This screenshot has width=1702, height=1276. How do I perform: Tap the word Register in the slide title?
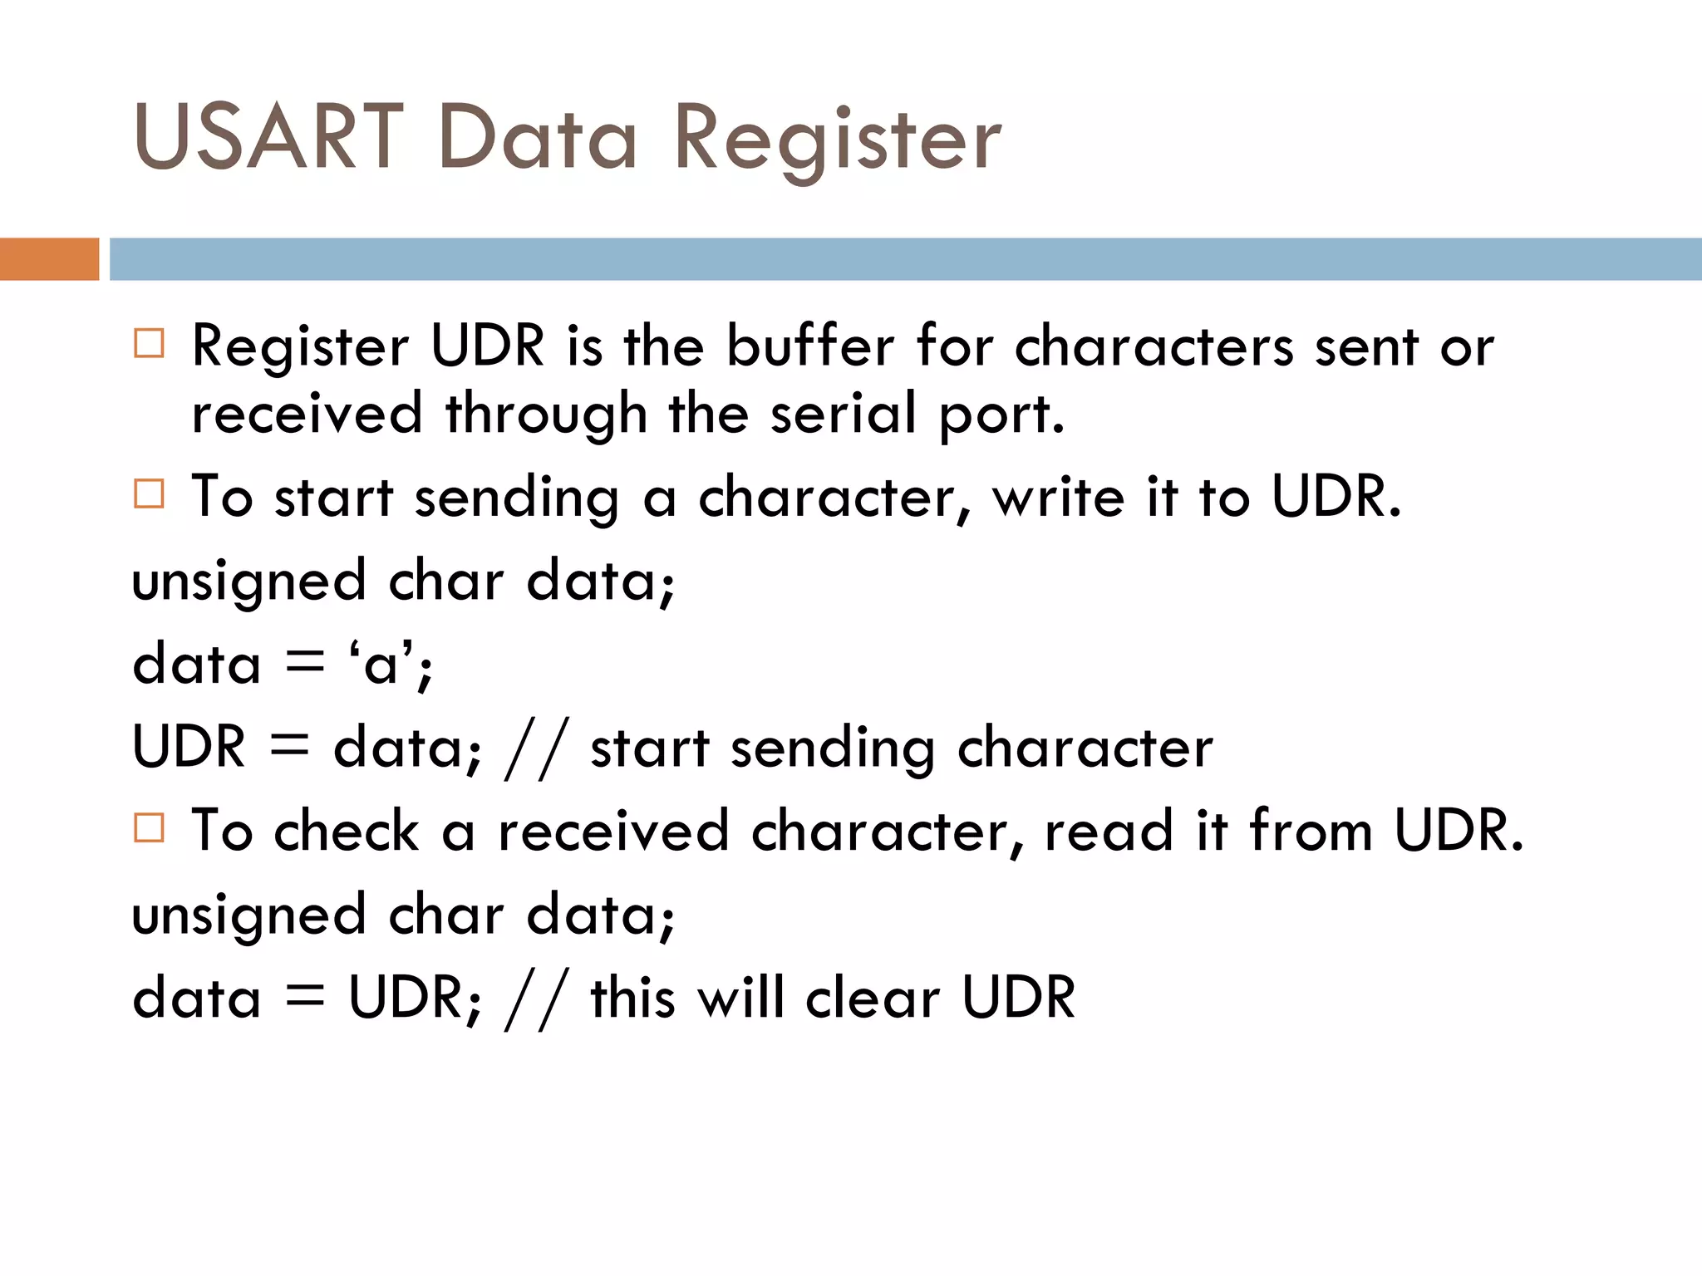838,140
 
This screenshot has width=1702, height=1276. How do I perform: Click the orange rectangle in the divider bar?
49,259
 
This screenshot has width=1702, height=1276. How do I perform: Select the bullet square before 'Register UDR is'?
150,343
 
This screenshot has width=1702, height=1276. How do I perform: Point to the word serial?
843,413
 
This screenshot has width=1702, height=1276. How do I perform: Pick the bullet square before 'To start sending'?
150,493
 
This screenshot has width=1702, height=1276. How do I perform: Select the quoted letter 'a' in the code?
382,665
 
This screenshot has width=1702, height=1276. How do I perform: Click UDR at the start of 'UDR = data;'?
189,746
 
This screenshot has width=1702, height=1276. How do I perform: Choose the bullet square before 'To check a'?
150,827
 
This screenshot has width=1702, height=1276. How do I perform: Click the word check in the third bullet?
347,830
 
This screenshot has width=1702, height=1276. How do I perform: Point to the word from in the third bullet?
1311,830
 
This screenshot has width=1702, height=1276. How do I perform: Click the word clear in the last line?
873,997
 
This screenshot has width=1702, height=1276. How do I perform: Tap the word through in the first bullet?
546,415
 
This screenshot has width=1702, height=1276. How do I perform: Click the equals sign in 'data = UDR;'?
304,995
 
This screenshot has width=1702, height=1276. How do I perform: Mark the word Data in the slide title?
538,137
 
